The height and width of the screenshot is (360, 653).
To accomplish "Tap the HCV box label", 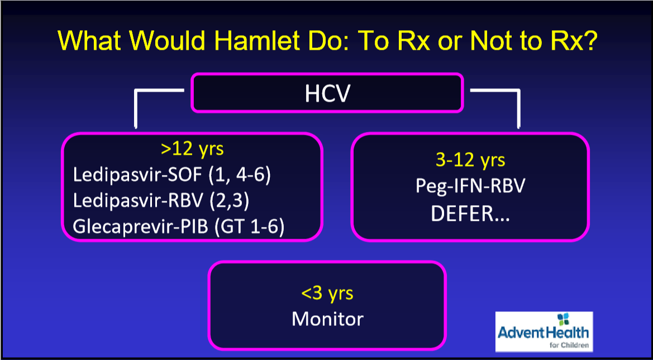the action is [x=327, y=94].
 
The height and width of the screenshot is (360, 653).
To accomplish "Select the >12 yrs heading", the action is [x=192, y=149].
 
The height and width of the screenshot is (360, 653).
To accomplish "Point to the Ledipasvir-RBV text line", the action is [x=161, y=201].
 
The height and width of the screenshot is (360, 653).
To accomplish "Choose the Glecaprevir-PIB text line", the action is [x=178, y=228].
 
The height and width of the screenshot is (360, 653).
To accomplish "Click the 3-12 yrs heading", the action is [x=470, y=160].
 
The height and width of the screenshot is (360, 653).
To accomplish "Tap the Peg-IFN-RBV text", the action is [x=470, y=186].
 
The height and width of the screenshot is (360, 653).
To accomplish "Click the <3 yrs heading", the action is [x=327, y=293].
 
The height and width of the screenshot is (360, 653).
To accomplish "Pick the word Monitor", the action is [x=327, y=319].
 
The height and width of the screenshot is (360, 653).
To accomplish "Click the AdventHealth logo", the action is [x=544, y=331].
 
